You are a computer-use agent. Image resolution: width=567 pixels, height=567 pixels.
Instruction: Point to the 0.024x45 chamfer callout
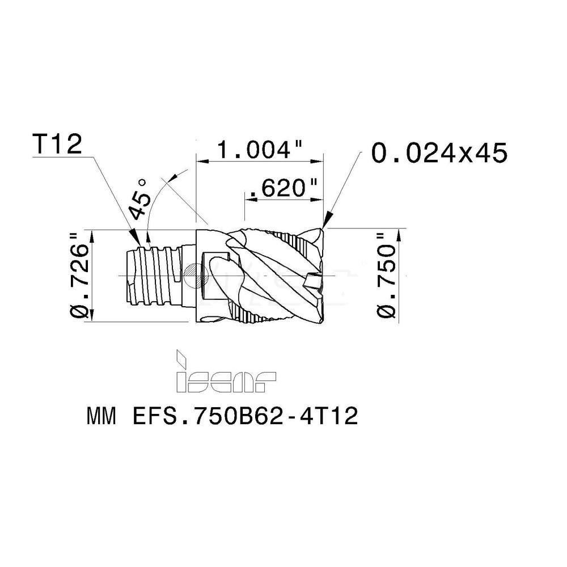click(x=438, y=153)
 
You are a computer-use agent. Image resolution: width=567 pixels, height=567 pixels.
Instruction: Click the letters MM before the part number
click(x=102, y=417)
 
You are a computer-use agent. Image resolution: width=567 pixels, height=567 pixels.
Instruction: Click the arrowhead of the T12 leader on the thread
click(x=134, y=239)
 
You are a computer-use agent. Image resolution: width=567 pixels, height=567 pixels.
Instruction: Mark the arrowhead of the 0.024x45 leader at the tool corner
click(x=326, y=222)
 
